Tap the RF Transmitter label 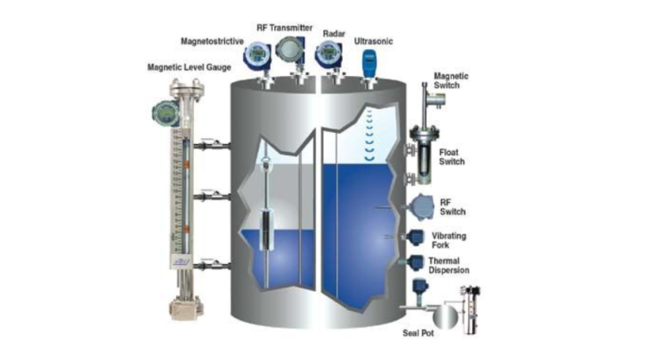click(x=284, y=27)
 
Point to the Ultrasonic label click(x=373, y=41)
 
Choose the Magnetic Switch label click(x=451, y=80)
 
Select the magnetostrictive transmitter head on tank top click(x=255, y=57)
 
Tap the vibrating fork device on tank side click(x=416, y=238)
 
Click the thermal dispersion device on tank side click(x=418, y=261)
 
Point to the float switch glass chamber click(x=420, y=153)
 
